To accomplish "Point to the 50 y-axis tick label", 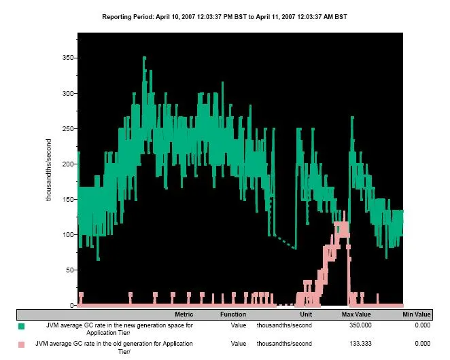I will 68,270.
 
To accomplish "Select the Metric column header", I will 184,314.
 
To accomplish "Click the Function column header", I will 232,314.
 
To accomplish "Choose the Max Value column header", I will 356,314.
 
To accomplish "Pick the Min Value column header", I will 416,314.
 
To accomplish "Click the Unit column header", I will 305,314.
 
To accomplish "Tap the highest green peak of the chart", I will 144,58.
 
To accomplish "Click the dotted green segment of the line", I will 284,242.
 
